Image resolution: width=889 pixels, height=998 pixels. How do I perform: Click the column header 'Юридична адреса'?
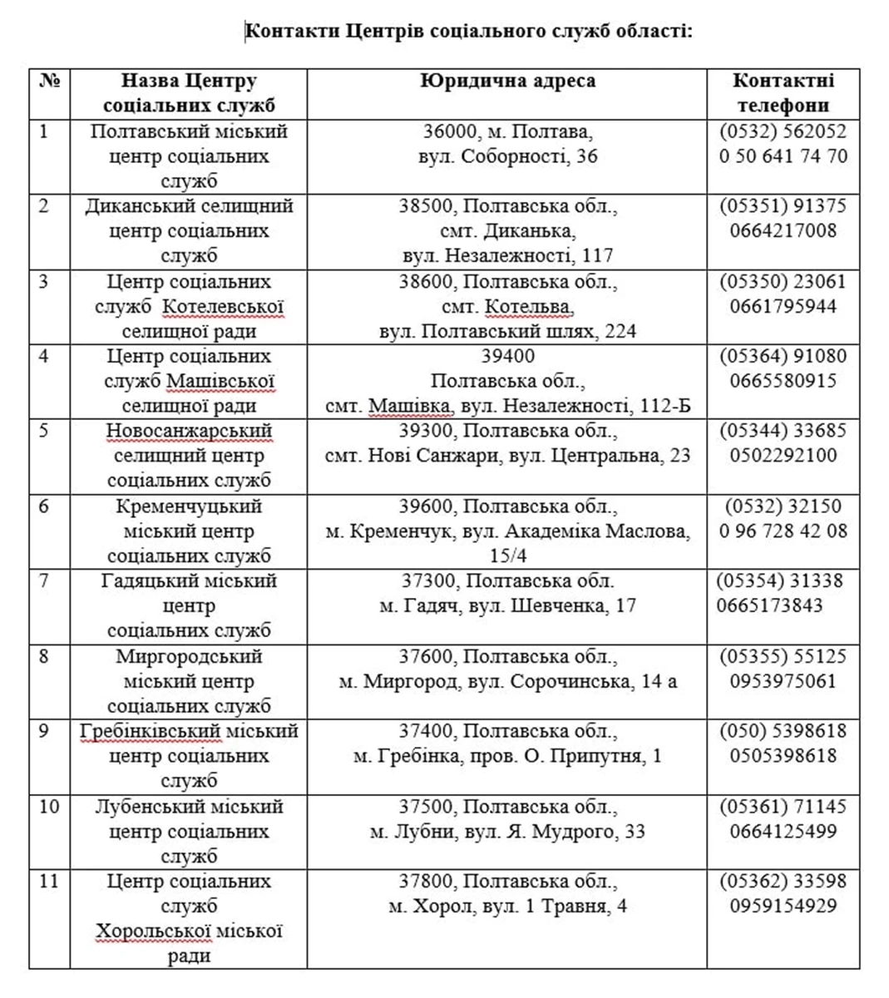click(x=507, y=82)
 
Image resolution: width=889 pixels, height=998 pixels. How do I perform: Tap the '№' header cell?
click(x=49, y=82)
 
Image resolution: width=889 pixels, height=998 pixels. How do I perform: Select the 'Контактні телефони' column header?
click(x=783, y=93)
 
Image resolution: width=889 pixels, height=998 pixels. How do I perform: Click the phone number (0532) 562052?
click(x=783, y=131)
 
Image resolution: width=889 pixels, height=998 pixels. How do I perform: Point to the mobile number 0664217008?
click(x=783, y=230)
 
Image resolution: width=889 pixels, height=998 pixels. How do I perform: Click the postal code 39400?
click(x=507, y=356)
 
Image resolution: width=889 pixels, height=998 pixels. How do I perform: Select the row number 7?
click(x=44, y=581)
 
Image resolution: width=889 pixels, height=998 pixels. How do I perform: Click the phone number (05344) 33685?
click(x=783, y=431)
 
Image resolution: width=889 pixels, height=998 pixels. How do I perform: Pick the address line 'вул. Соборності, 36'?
click(x=507, y=156)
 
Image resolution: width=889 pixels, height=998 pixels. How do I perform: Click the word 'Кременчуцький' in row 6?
click(x=189, y=506)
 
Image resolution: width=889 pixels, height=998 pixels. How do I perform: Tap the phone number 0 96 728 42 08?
click(x=783, y=531)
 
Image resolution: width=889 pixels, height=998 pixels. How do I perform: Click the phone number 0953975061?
click(x=783, y=681)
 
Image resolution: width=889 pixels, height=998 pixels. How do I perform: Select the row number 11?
click(x=48, y=881)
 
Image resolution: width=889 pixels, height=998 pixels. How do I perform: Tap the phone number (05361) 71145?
click(x=783, y=806)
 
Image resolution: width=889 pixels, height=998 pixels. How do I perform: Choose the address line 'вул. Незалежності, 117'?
click(x=507, y=255)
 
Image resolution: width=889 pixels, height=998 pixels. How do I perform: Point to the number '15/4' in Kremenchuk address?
click(x=507, y=556)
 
